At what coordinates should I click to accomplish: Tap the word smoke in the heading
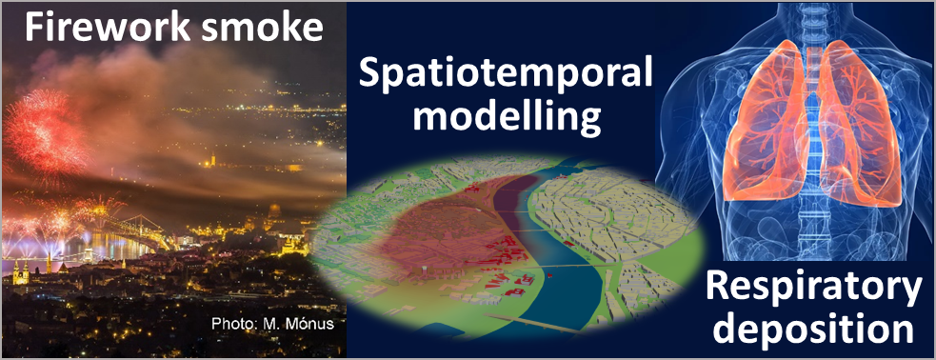(262, 27)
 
